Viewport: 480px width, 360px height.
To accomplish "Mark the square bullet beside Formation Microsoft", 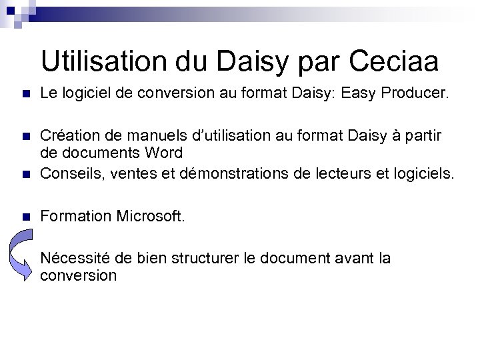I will pyautogui.click(x=25, y=217).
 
